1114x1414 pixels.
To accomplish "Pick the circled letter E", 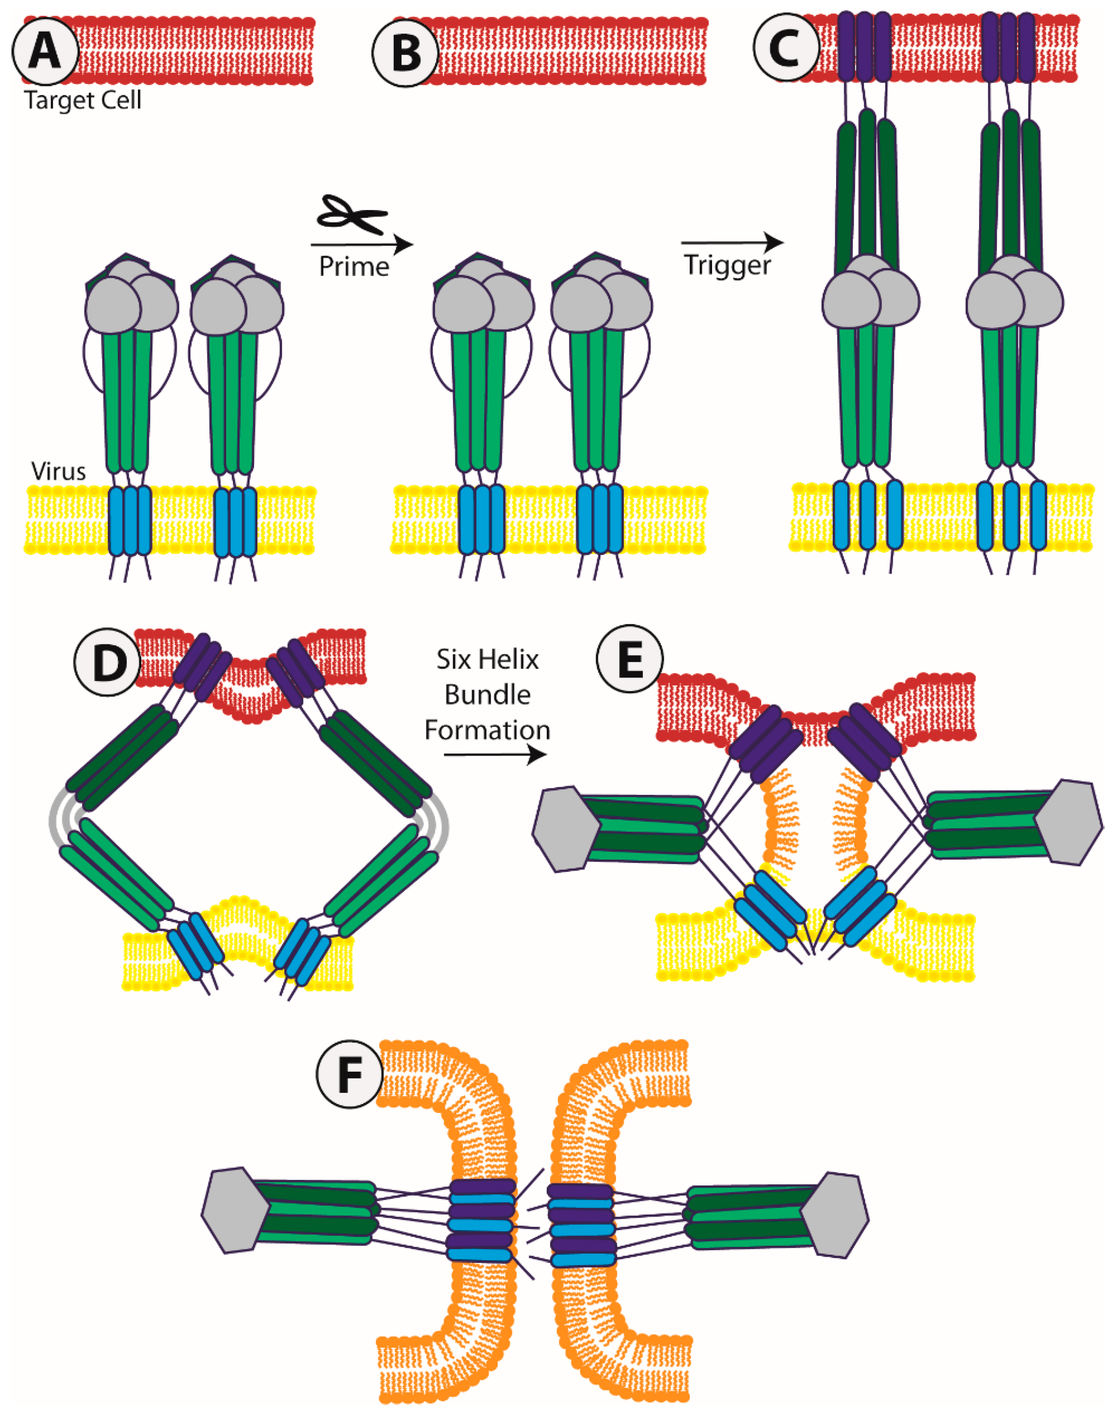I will [629, 661].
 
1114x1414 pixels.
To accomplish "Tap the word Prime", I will [354, 266].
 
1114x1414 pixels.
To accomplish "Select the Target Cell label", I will [83, 100].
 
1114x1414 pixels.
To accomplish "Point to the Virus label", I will [58, 471].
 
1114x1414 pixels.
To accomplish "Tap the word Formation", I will [487, 729].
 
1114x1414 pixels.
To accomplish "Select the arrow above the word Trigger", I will [732, 243].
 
